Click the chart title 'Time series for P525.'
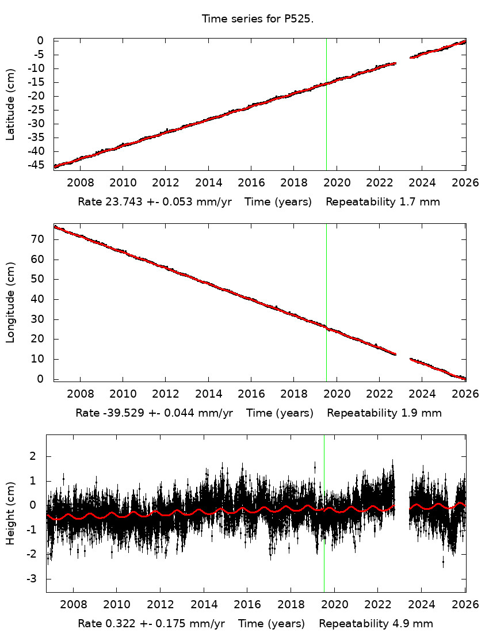pyautogui.click(x=257, y=19)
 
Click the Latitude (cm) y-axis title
pyautogui.click(x=10, y=104)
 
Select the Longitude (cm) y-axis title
pyautogui.click(x=10, y=303)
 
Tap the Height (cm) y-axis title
pyautogui.click(x=10, y=514)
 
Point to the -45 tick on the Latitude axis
pyautogui.click(x=36, y=165)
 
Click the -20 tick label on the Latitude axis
pyautogui.click(x=36, y=96)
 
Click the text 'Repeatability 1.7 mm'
pyautogui.click(x=383, y=202)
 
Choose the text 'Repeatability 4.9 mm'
pyautogui.click(x=376, y=624)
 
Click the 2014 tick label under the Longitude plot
pyautogui.click(x=208, y=394)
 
